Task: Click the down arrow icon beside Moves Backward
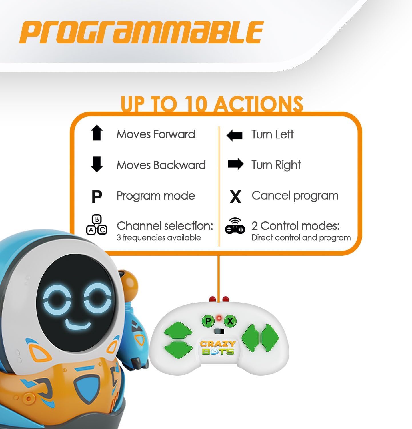point(97,164)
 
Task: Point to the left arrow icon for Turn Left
point(234,135)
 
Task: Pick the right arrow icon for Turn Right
point(236,164)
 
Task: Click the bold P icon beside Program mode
point(97,197)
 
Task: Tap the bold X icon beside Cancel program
point(235,197)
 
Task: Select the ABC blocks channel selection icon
point(97,225)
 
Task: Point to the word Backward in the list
point(179,165)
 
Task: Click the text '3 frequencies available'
point(159,238)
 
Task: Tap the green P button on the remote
point(208,321)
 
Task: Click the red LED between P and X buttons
point(219,318)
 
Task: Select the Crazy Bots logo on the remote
point(218,348)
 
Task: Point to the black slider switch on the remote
point(219,331)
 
